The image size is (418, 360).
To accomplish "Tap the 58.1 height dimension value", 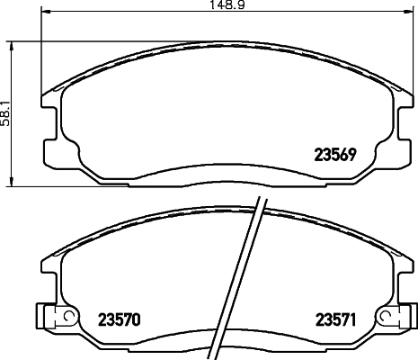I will click(x=5, y=113).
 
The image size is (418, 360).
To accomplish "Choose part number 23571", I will click(x=335, y=318).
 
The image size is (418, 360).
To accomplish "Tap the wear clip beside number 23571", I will click(x=396, y=318).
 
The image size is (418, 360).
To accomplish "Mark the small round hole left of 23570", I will click(x=64, y=317).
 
